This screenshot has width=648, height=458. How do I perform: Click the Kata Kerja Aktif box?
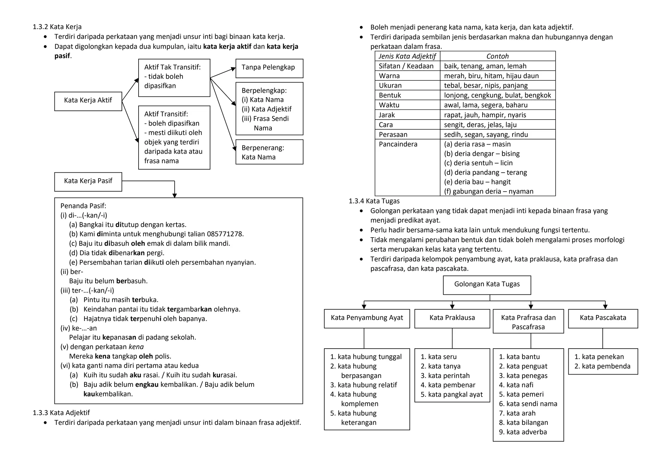point(88,101)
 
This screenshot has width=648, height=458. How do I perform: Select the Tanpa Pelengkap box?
point(269,68)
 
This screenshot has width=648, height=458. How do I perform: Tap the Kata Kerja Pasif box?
point(88,182)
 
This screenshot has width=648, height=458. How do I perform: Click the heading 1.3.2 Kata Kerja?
point(57,27)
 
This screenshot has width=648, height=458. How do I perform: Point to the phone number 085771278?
point(225,234)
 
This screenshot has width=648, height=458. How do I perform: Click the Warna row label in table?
point(389,76)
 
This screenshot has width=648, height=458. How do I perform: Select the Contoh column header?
point(497,56)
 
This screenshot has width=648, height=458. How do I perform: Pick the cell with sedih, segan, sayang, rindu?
point(486,135)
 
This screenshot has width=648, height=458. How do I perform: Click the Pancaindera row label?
point(398,144)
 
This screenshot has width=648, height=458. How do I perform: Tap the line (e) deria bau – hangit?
point(477,182)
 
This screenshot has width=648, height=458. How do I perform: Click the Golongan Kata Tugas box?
point(487,284)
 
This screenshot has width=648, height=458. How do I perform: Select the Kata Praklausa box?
point(452,318)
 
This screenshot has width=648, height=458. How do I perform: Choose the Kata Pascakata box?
point(603,318)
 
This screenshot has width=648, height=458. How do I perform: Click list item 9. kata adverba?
point(523,432)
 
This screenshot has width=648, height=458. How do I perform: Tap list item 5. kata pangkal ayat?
point(452,394)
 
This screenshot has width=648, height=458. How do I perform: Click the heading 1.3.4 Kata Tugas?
point(374,201)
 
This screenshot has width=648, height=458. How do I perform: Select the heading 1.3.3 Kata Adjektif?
point(61,413)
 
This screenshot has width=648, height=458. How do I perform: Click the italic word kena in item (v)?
point(136,347)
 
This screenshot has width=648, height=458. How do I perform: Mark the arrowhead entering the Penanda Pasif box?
point(174,196)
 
